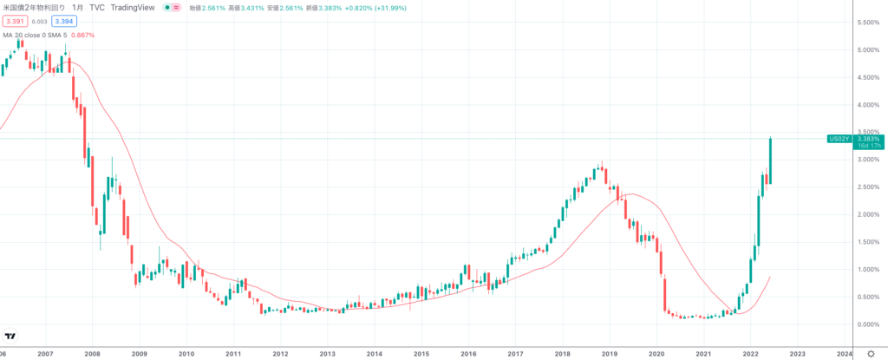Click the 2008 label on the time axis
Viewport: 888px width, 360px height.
click(x=93, y=354)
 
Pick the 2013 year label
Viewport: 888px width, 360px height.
click(x=327, y=354)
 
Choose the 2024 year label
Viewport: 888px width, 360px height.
click(x=844, y=354)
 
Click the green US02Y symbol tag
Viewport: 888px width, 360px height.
click(x=839, y=139)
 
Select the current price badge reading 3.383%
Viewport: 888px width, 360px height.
click(x=868, y=139)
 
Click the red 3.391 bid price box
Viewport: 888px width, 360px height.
click(x=15, y=21)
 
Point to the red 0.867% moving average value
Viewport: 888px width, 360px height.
click(x=81, y=36)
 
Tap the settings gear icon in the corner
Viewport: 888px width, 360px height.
click(x=871, y=354)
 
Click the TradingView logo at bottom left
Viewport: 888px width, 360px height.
click(x=10, y=337)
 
